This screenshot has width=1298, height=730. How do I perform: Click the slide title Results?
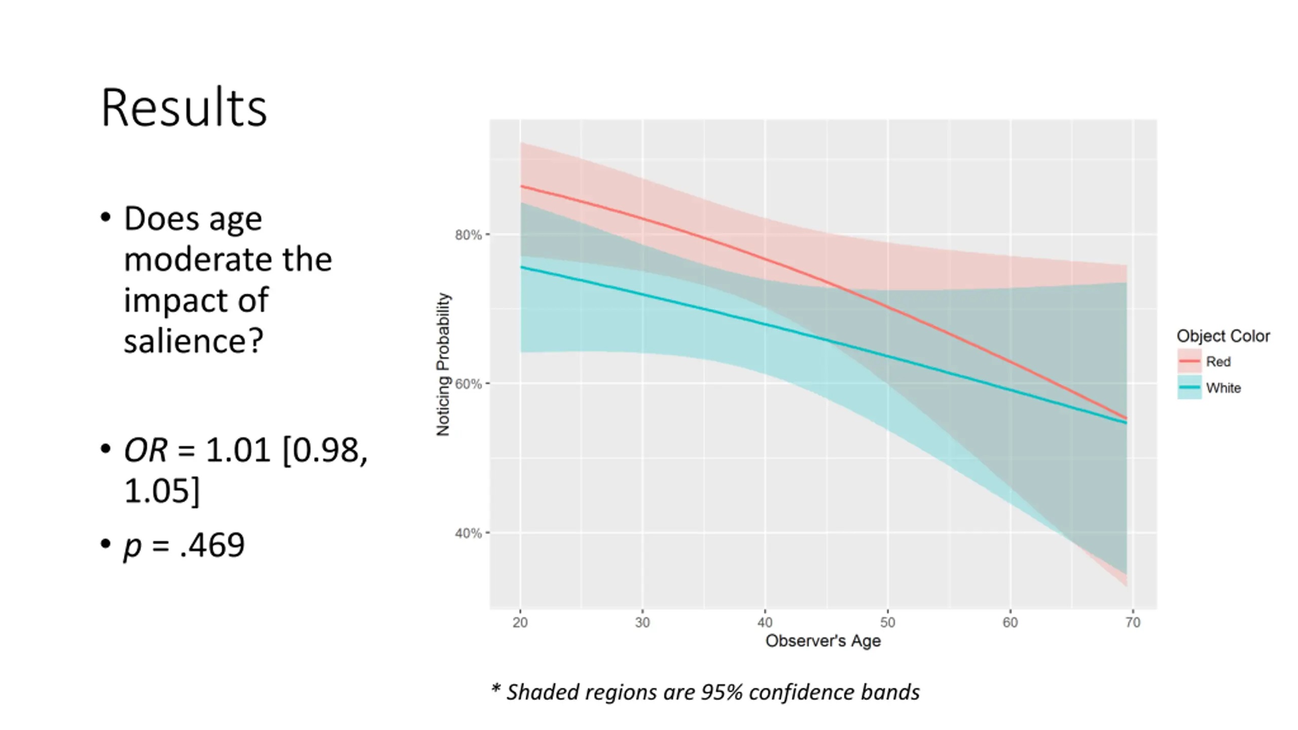184,108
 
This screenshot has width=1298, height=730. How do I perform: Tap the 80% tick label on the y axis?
467,235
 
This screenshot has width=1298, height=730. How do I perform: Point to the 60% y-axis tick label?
467,384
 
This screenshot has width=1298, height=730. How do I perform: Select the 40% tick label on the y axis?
467,533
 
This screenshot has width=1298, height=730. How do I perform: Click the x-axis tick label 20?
520,623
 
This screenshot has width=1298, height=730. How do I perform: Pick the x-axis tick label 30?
642,623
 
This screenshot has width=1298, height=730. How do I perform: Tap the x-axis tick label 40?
765,623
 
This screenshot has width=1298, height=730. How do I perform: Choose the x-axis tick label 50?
888,623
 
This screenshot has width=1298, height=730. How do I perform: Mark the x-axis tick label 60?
1010,623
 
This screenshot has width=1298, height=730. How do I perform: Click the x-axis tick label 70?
1133,623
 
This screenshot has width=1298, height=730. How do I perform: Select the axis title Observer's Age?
823,641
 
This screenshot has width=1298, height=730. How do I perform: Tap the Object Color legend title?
1223,336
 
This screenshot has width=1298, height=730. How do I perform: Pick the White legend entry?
1223,388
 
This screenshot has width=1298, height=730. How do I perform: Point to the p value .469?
212,545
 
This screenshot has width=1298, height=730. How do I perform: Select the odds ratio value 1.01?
237,450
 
